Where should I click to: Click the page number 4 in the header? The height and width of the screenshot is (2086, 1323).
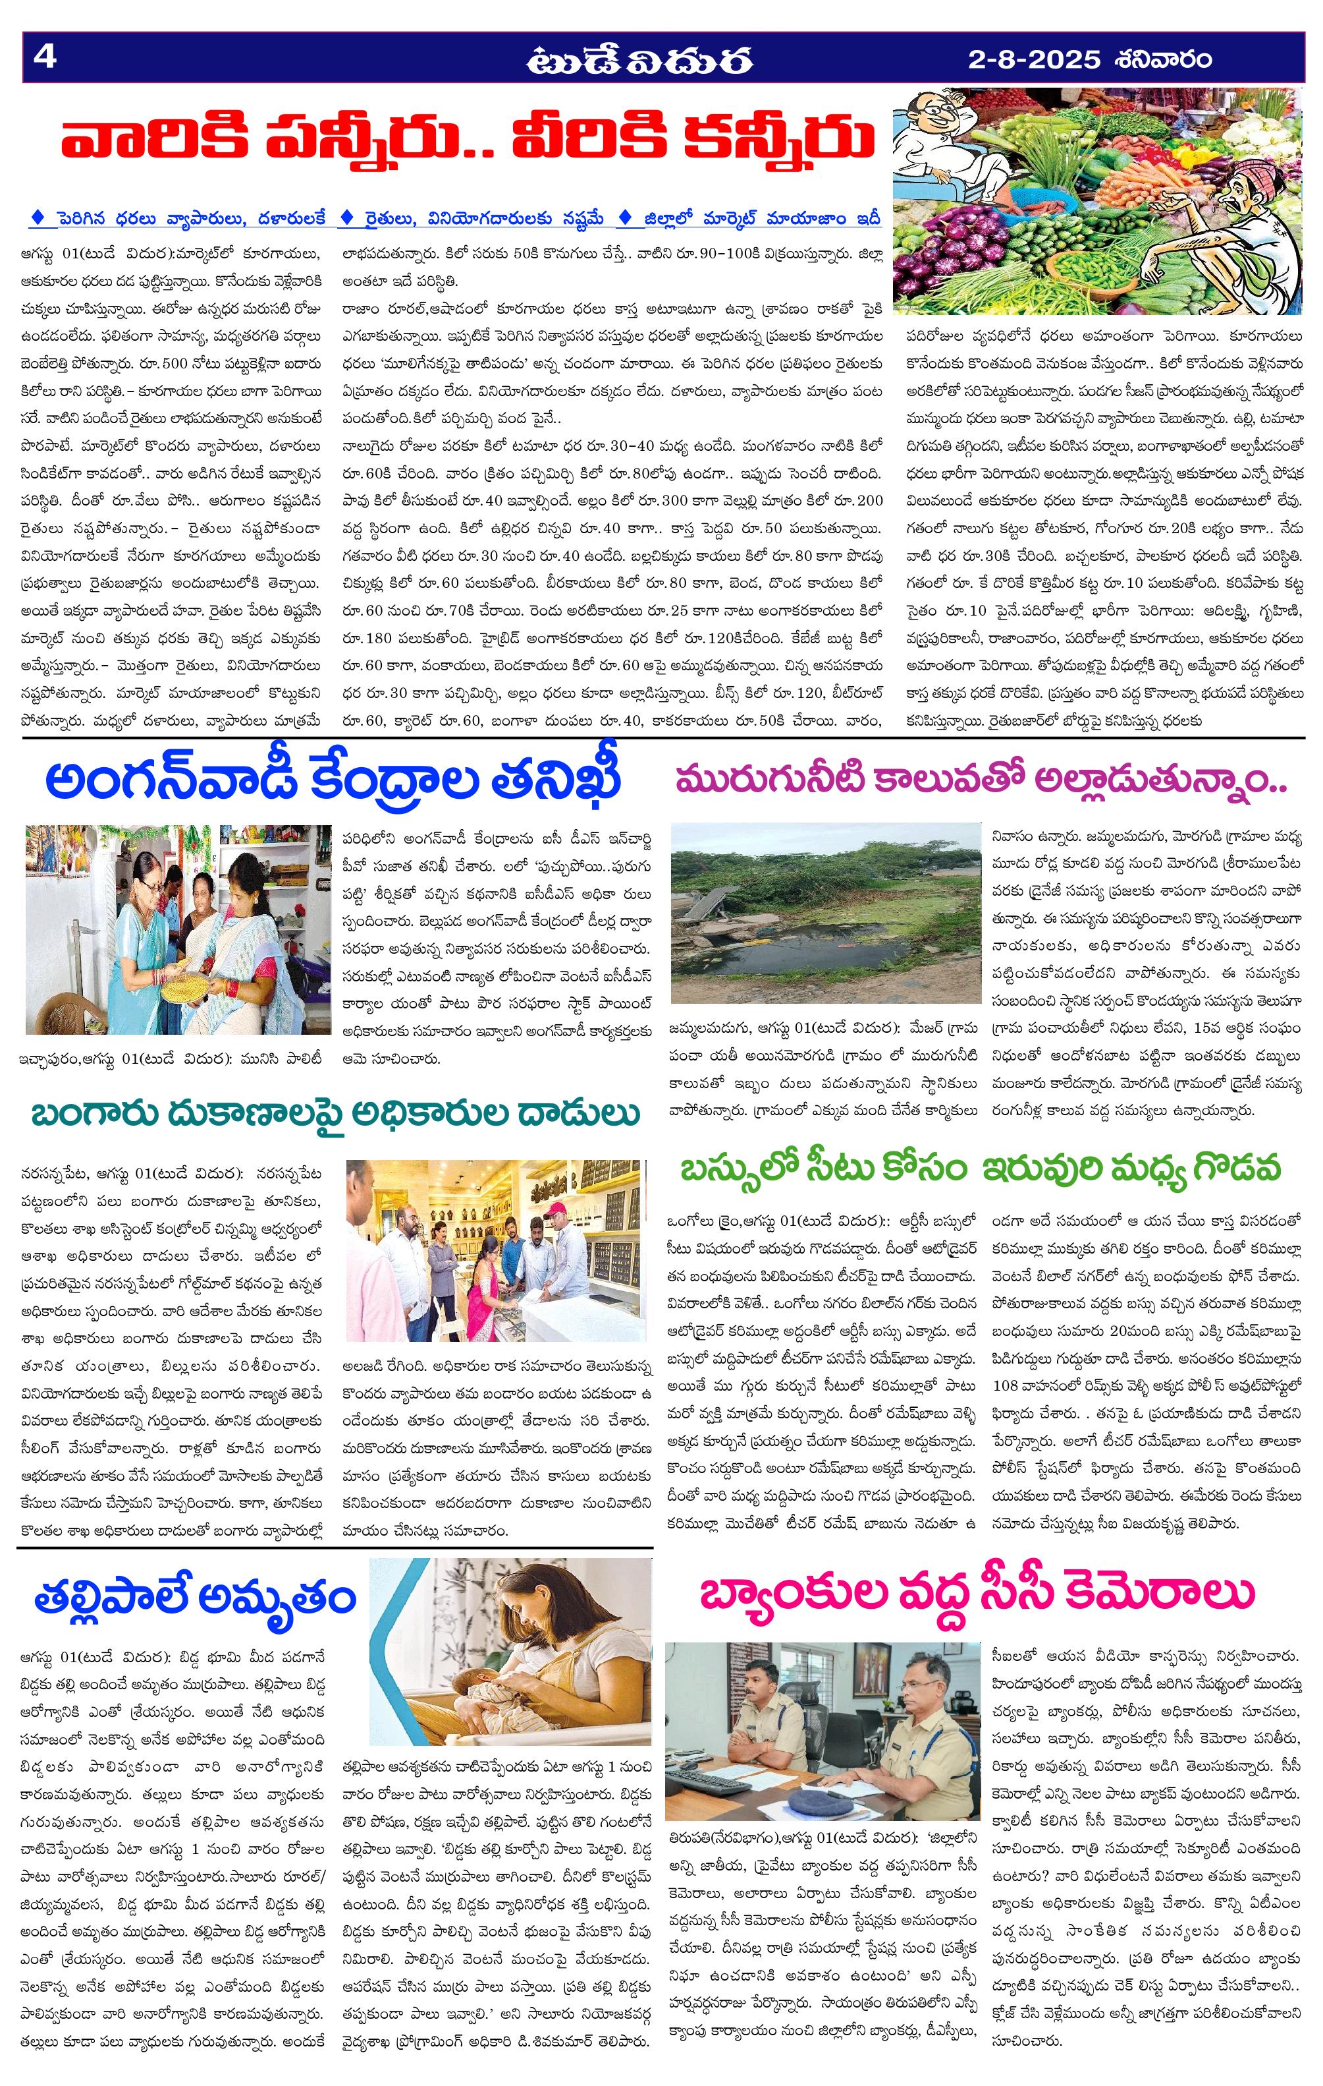coord(43,57)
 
